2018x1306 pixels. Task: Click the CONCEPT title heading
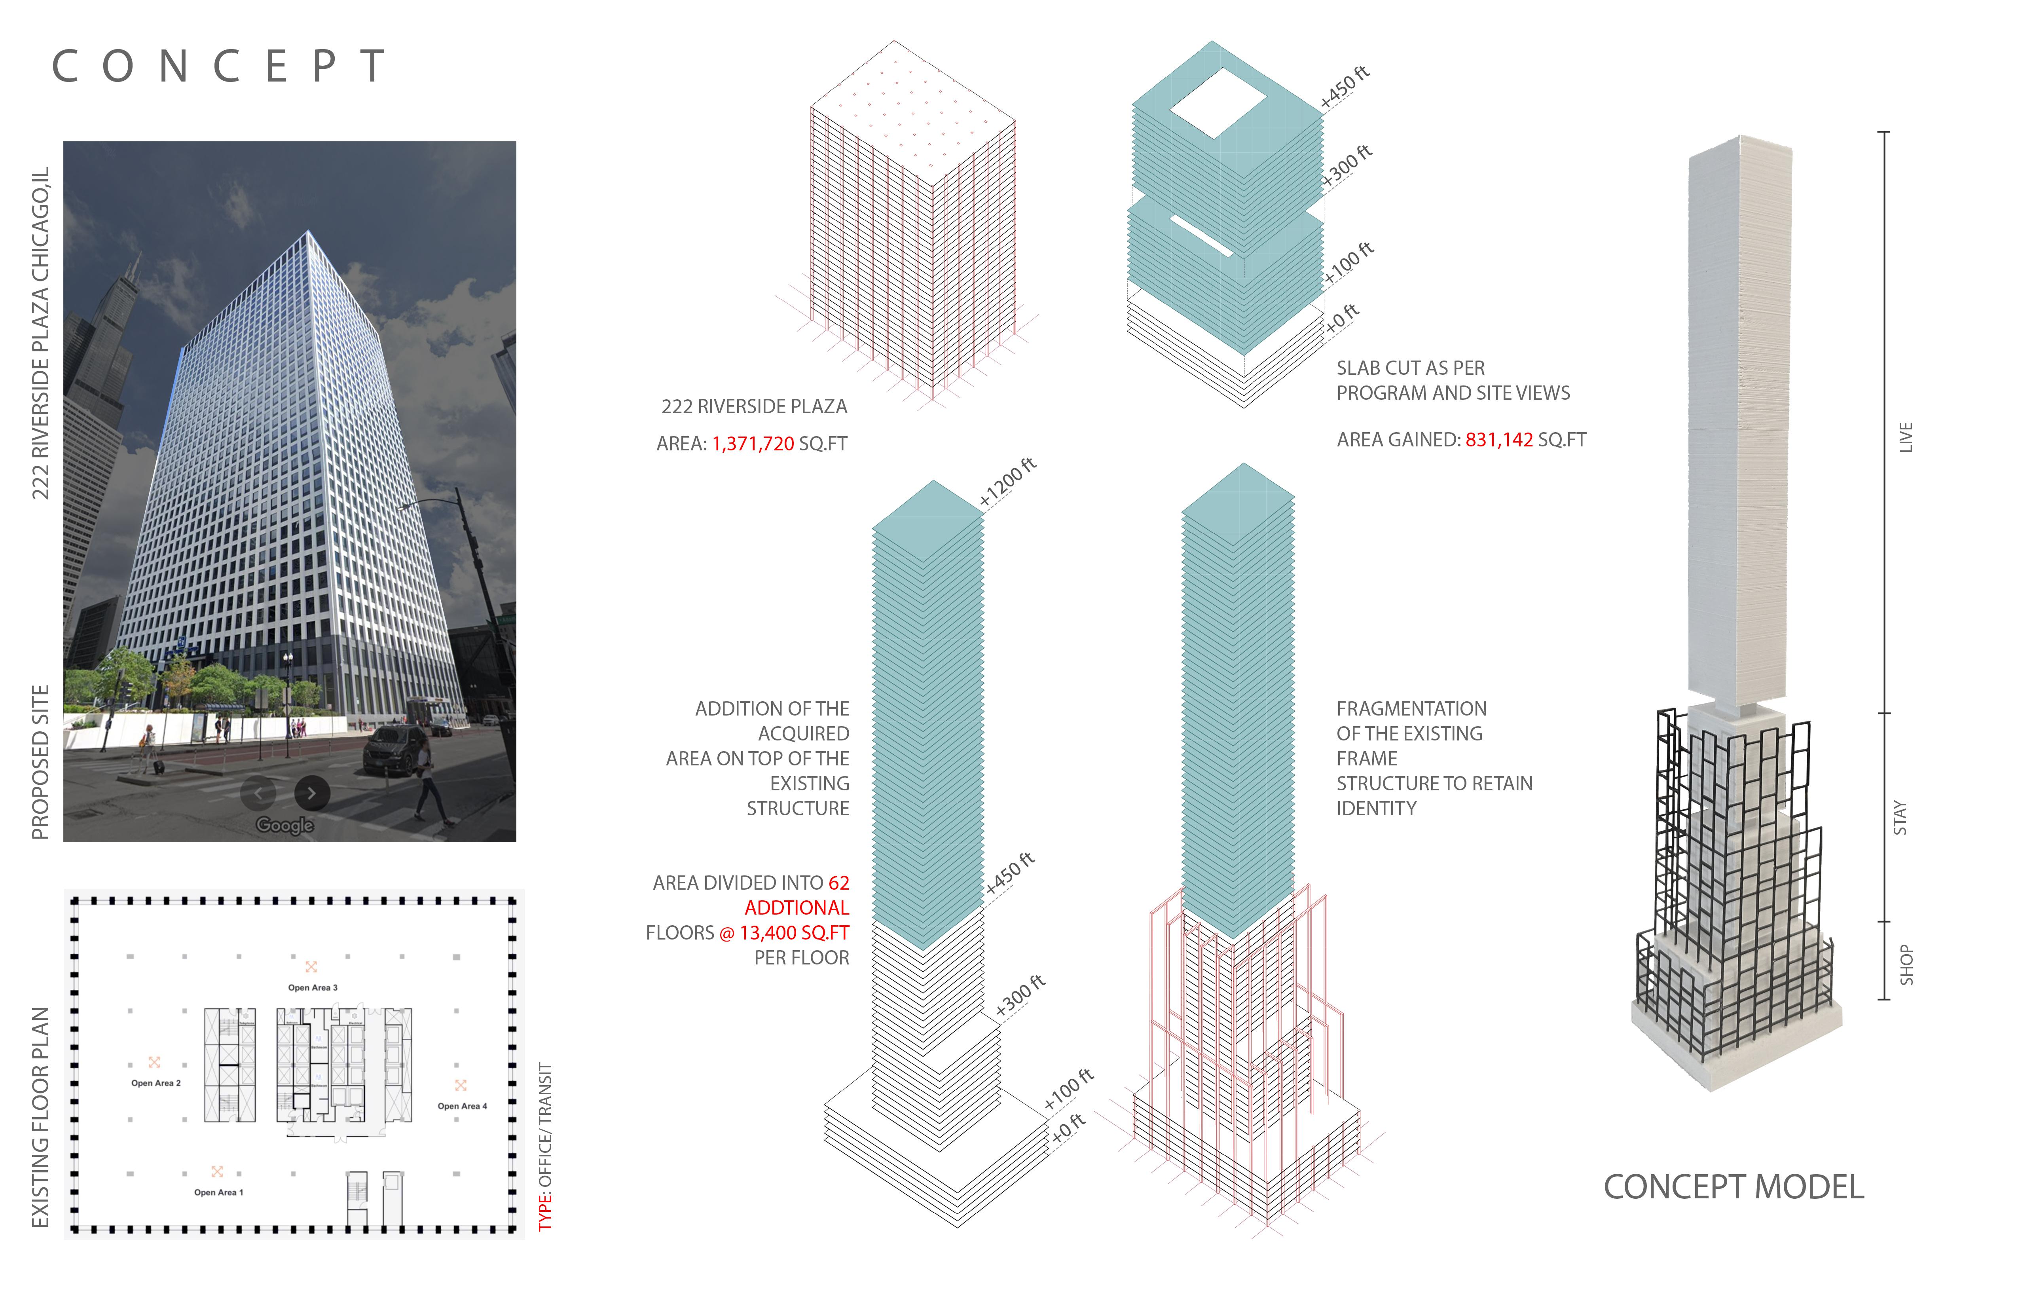[219, 66]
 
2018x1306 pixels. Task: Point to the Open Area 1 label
[218, 1192]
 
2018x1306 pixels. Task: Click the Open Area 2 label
[155, 1083]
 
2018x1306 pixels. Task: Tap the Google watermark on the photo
[285, 825]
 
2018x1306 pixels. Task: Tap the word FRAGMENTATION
[1411, 709]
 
